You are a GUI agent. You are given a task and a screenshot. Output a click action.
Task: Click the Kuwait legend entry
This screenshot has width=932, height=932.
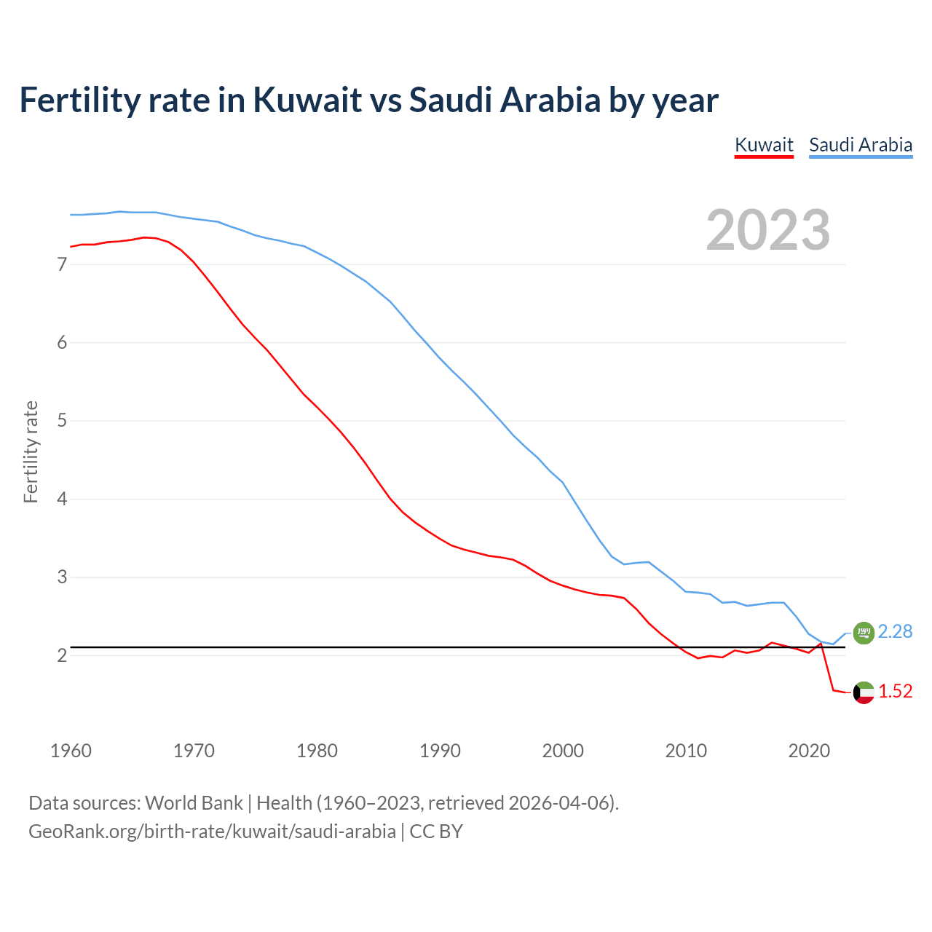764,145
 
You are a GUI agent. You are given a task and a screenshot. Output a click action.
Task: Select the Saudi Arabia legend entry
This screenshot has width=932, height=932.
861,145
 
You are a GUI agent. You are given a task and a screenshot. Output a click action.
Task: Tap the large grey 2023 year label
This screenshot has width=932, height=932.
768,230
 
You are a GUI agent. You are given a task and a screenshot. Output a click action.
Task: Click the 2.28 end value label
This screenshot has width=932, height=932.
895,631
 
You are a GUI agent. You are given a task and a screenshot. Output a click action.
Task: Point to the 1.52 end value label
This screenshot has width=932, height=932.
895,691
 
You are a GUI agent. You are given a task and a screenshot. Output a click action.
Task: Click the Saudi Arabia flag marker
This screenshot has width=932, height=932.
864,633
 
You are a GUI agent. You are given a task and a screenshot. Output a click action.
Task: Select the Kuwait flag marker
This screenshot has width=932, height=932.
864,692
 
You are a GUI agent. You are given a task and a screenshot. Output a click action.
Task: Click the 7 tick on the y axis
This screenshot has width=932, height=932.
62,264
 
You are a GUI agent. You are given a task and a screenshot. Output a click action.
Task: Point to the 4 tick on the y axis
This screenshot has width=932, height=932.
62,499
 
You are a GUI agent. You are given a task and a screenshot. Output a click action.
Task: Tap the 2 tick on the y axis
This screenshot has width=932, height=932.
62,656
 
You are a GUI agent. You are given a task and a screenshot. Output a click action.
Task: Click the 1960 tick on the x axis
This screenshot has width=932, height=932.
71,751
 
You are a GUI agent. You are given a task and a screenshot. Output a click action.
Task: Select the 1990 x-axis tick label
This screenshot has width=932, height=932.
440,751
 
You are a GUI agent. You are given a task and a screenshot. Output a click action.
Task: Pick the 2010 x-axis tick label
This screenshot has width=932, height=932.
686,751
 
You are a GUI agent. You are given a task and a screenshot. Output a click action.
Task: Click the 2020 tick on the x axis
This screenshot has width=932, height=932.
809,751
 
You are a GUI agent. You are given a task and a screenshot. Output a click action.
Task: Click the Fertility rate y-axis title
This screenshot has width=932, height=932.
31,451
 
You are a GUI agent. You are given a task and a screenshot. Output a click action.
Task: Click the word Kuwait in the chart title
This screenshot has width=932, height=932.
307,100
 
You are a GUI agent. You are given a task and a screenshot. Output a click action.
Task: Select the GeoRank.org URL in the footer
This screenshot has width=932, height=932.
212,832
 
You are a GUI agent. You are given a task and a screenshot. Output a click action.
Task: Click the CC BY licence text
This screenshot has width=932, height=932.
436,832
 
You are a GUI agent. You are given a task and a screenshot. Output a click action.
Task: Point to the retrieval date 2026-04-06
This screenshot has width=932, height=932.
558,803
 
